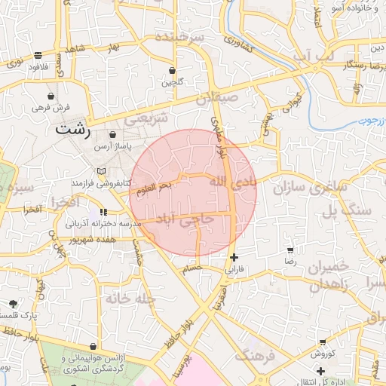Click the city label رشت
pyautogui.click(x=72, y=130)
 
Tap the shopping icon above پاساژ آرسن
pyautogui.click(x=112, y=134)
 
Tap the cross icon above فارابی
pyautogui.click(x=234, y=257)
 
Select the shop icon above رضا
pyautogui.click(x=290, y=250)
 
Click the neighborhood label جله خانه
pyautogui.click(x=130, y=299)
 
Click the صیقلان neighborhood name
pyautogui.click(x=218, y=98)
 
